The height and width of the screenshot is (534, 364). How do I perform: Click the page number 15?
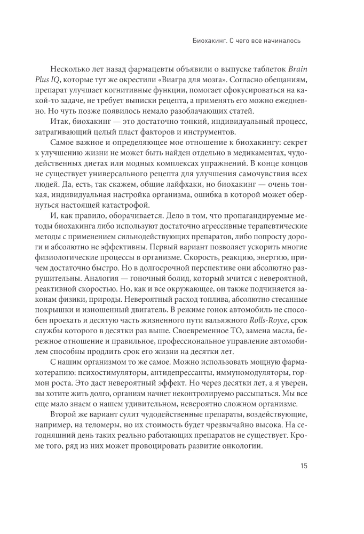pyautogui.click(x=303, y=466)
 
